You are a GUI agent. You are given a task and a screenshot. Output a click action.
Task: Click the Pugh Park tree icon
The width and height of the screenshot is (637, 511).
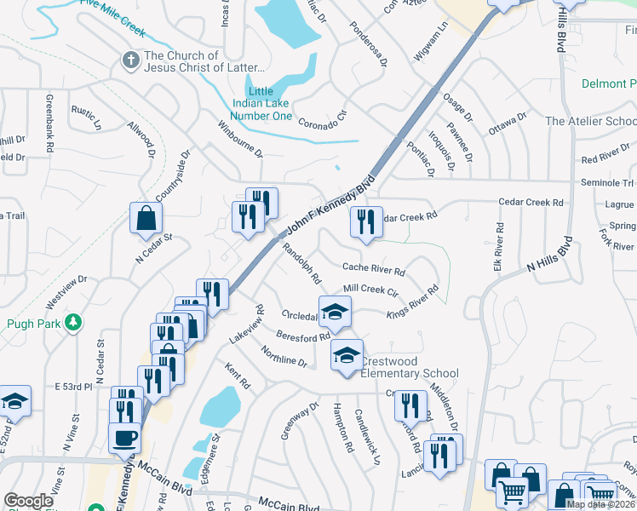[74, 321]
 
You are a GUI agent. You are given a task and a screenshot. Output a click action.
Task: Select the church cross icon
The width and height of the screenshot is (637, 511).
[130, 60]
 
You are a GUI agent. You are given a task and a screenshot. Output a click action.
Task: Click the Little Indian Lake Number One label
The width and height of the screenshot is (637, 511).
[262, 104]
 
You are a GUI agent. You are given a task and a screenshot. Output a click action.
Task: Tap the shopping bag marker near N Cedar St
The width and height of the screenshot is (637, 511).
[146, 218]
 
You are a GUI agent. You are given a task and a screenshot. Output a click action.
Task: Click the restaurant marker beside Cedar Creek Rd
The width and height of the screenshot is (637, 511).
[366, 223]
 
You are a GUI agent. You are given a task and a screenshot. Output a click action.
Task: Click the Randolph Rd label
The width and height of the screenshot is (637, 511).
[301, 265]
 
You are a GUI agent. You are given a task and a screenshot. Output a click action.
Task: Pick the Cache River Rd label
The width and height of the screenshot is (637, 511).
[373, 268]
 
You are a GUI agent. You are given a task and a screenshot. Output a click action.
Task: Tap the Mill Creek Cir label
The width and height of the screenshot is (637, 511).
[370, 290]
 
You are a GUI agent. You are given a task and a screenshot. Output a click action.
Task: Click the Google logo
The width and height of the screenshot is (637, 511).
[28, 501]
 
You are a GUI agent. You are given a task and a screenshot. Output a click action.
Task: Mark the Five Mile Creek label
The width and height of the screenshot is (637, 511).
[112, 19]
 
